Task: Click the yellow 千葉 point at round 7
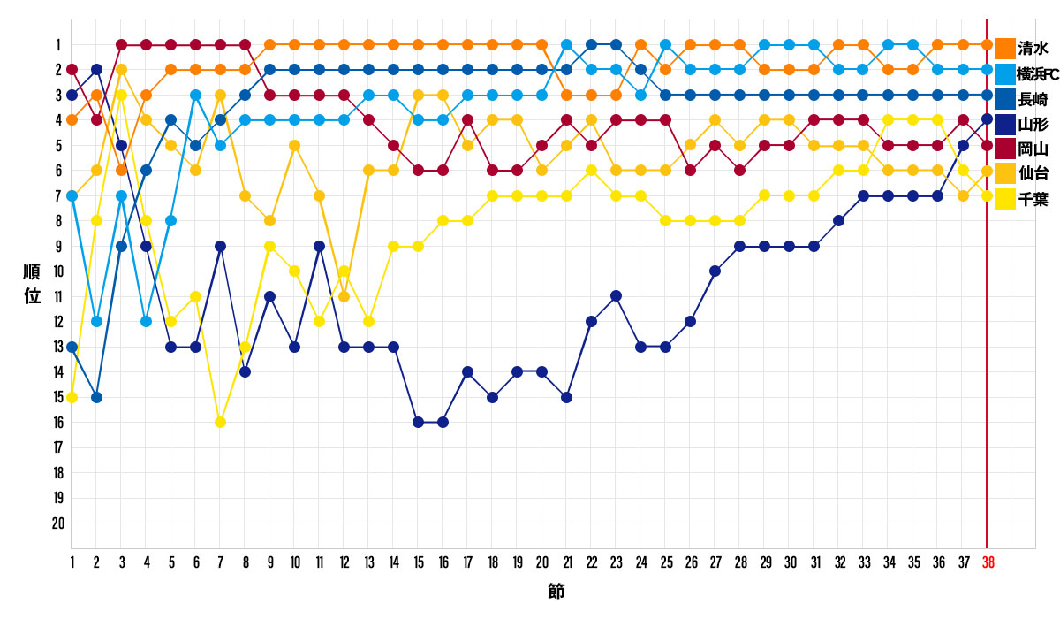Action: pyautogui.click(x=220, y=422)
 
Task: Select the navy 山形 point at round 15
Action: pyautogui.click(x=418, y=422)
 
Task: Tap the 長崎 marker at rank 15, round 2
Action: pyautogui.click(x=96, y=397)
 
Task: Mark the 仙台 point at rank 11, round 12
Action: pyautogui.click(x=344, y=296)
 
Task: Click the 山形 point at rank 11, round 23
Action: pyautogui.click(x=616, y=295)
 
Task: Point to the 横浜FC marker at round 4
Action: pyautogui.click(x=146, y=321)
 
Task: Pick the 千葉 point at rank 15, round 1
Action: pyautogui.click(x=72, y=397)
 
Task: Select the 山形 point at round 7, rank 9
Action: pyautogui.click(x=220, y=246)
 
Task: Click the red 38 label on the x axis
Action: pyautogui.click(x=988, y=562)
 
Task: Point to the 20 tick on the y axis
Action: pyautogui.click(x=57, y=523)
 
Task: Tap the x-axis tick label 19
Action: pyautogui.click(x=517, y=562)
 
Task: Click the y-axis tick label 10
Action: pyautogui.click(x=57, y=271)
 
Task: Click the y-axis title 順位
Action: pyautogui.click(x=32, y=283)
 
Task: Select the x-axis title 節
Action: pyautogui.click(x=556, y=591)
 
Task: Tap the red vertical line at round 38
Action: pyautogui.click(x=987, y=354)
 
